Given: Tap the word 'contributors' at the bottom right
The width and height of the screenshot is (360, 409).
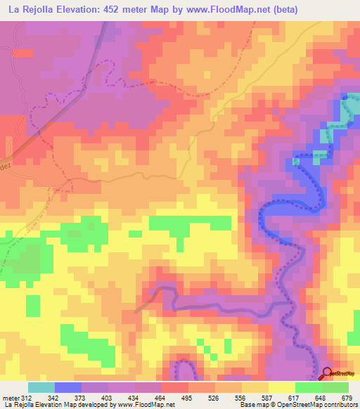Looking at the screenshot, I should click(337, 405).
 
